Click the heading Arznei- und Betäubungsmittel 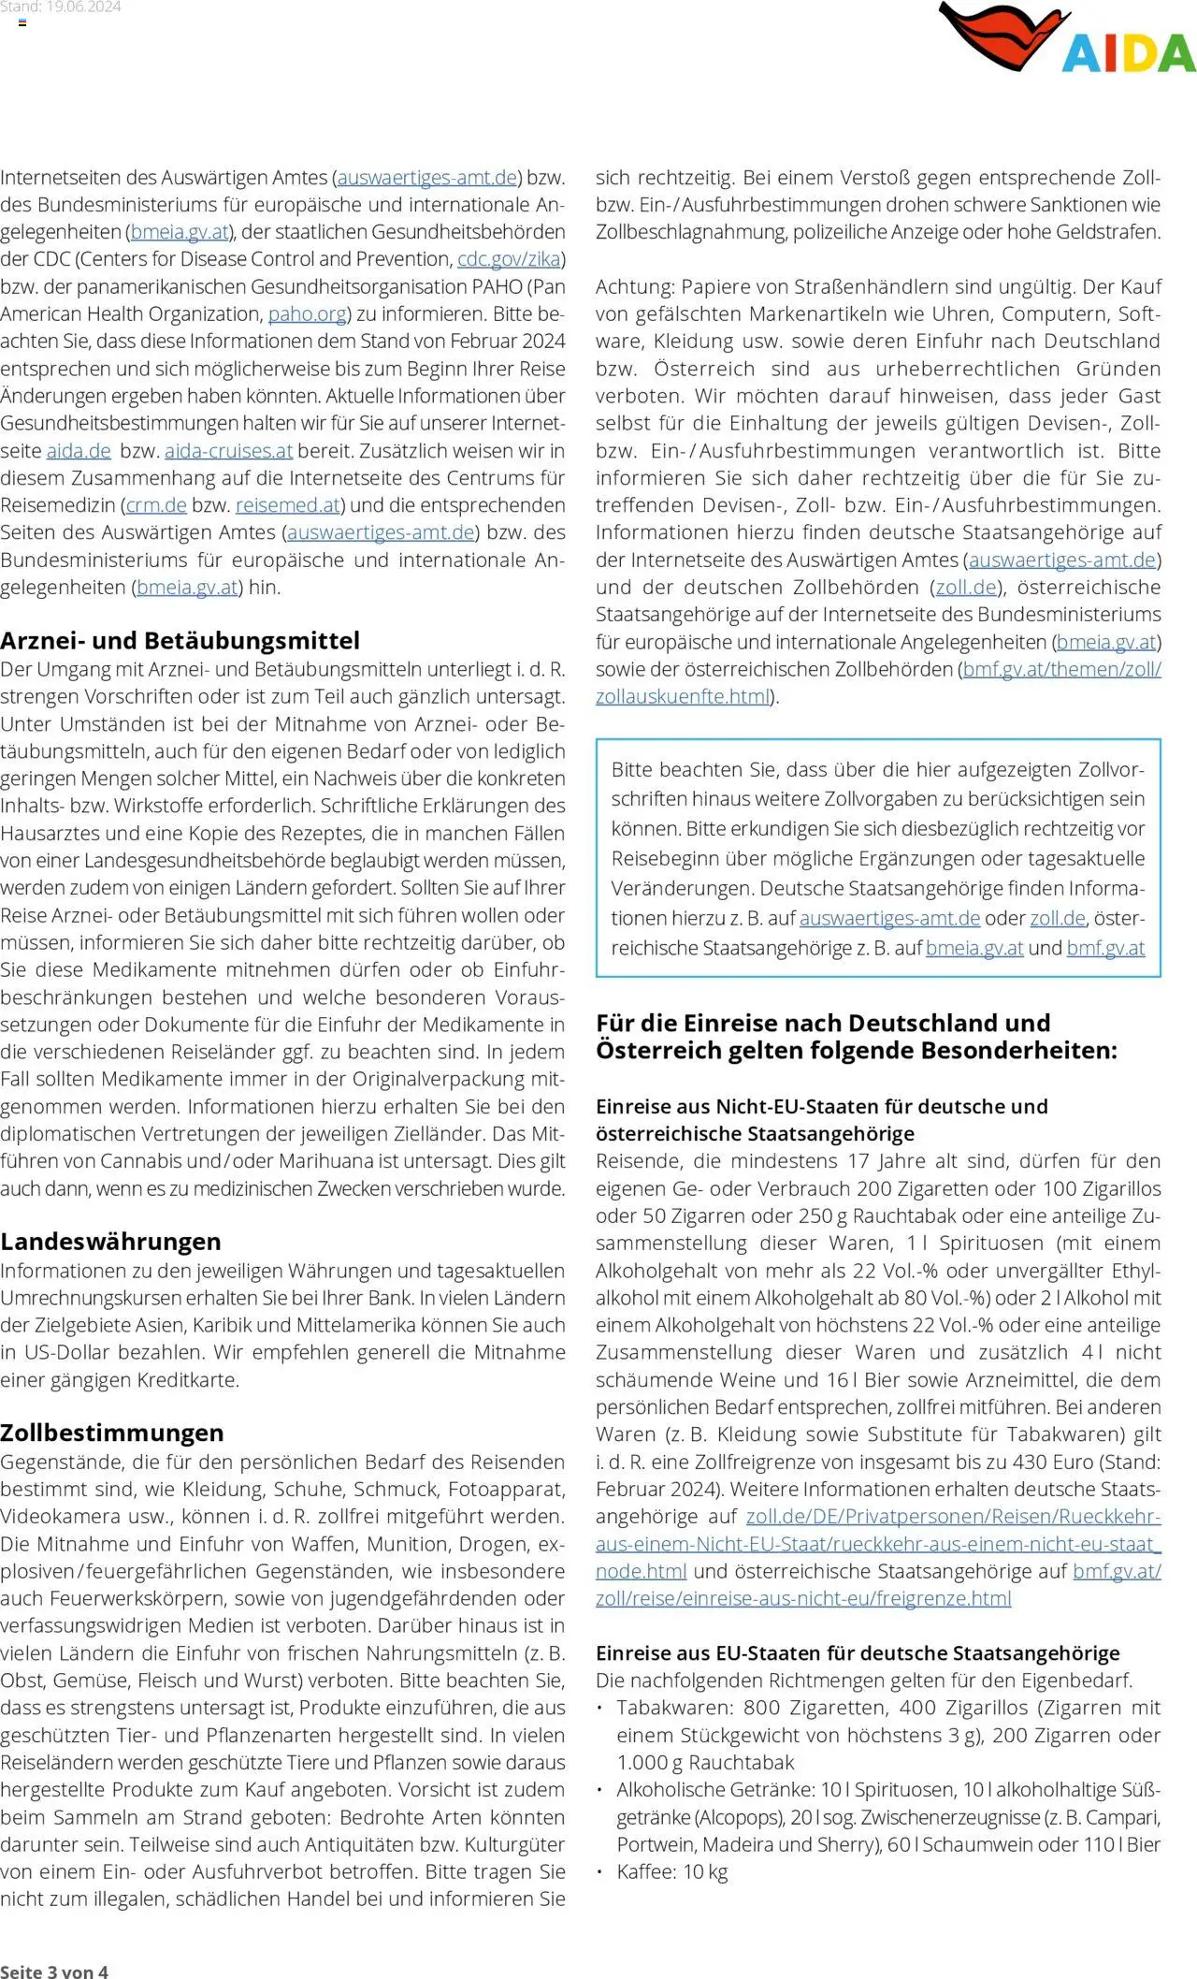click(180, 641)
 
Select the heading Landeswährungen click(110, 1242)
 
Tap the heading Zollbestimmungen click(111, 1433)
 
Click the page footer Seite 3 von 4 click(54, 1972)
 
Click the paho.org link click(307, 314)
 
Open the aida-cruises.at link click(228, 451)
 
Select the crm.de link click(156, 505)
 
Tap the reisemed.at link click(287, 505)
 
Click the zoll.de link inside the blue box click(1057, 919)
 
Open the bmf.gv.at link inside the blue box click(1105, 948)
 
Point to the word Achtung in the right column click(634, 287)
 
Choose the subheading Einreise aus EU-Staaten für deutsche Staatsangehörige click(857, 1653)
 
